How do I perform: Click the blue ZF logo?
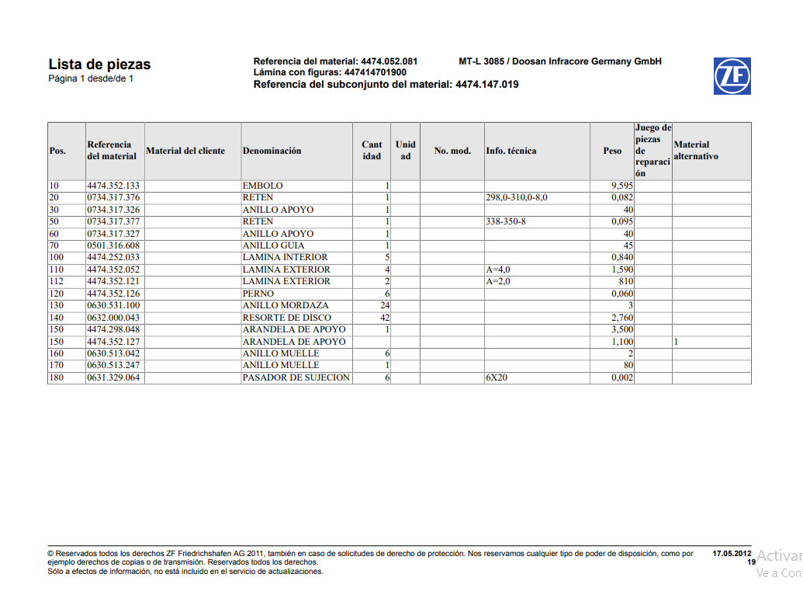[x=732, y=76]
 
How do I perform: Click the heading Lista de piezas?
[x=99, y=64]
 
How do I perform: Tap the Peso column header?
[x=612, y=151]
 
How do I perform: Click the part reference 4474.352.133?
[x=113, y=186]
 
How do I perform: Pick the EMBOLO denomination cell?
[x=263, y=186]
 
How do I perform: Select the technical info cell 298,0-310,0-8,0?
[x=517, y=198]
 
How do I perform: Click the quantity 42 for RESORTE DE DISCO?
[x=384, y=318]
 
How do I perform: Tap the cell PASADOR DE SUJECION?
[x=296, y=377]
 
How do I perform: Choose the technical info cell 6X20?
[x=497, y=377]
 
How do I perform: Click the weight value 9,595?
[x=622, y=186]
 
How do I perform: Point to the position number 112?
[x=56, y=281]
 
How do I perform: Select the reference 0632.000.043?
[x=113, y=318]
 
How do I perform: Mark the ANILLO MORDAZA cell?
[x=286, y=305]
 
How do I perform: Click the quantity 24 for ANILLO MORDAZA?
[x=384, y=305]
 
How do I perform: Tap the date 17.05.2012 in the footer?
[x=732, y=554]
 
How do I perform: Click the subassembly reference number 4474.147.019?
[x=487, y=85]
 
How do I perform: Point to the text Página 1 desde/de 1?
[x=91, y=78]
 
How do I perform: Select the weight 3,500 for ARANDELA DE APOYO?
[x=622, y=329]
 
